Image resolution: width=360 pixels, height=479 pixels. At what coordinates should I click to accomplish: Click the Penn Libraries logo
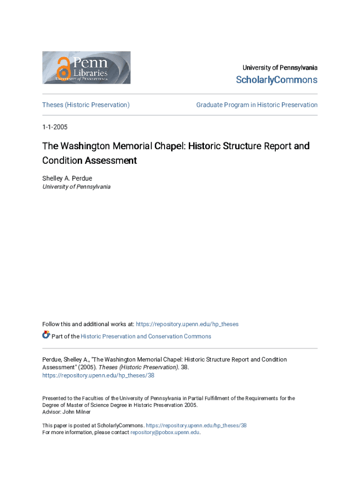[x=86, y=68]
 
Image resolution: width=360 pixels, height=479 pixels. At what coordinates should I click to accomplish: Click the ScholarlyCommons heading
[x=276, y=80]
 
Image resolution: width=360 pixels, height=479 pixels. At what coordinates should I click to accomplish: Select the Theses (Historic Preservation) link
[x=86, y=105]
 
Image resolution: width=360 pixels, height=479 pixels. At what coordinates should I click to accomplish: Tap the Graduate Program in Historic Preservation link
[x=257, y=105]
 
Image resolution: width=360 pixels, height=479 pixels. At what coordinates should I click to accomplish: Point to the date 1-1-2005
[x=55, y=127]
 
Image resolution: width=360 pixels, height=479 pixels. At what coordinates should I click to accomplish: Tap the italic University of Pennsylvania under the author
[x=77, y=187]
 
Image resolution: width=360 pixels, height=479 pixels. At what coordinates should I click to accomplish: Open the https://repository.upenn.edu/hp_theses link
[x=187, y=324]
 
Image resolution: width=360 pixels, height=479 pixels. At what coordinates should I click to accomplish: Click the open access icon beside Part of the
[x=46, y=335]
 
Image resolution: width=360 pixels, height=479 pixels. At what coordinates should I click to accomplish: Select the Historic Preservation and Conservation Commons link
[x=146, y=336]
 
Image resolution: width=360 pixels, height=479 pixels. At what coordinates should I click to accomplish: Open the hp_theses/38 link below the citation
[x=98, y=375]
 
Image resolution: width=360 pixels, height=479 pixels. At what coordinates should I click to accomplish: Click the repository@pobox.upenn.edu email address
[x=165, y=432]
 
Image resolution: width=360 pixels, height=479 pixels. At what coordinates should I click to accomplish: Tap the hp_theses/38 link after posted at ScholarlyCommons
[x=196, y=425]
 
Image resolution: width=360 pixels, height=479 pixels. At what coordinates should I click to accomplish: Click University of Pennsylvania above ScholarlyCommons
[x=280, y=68]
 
